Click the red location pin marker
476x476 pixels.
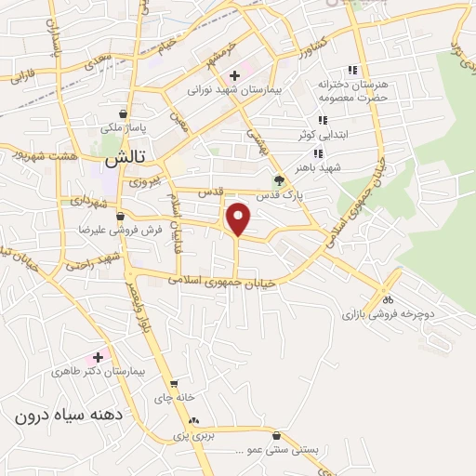click(240, 219)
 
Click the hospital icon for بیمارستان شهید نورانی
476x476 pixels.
click(234, 74)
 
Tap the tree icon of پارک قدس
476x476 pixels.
click(277, 180)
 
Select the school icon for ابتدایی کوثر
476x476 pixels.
click(323, 120)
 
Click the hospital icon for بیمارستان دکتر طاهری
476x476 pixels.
click(97, 357)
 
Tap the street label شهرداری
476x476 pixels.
click(89, 200)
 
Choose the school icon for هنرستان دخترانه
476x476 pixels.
click(351, 70)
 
